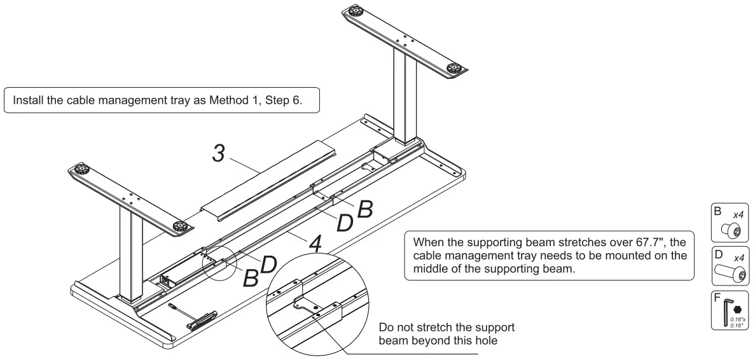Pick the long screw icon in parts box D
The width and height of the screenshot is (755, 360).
[x=732, y=274]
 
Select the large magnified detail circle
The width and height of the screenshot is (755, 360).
[x=314, y=304]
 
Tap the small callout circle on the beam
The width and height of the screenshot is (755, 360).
[x=218, y=263]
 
